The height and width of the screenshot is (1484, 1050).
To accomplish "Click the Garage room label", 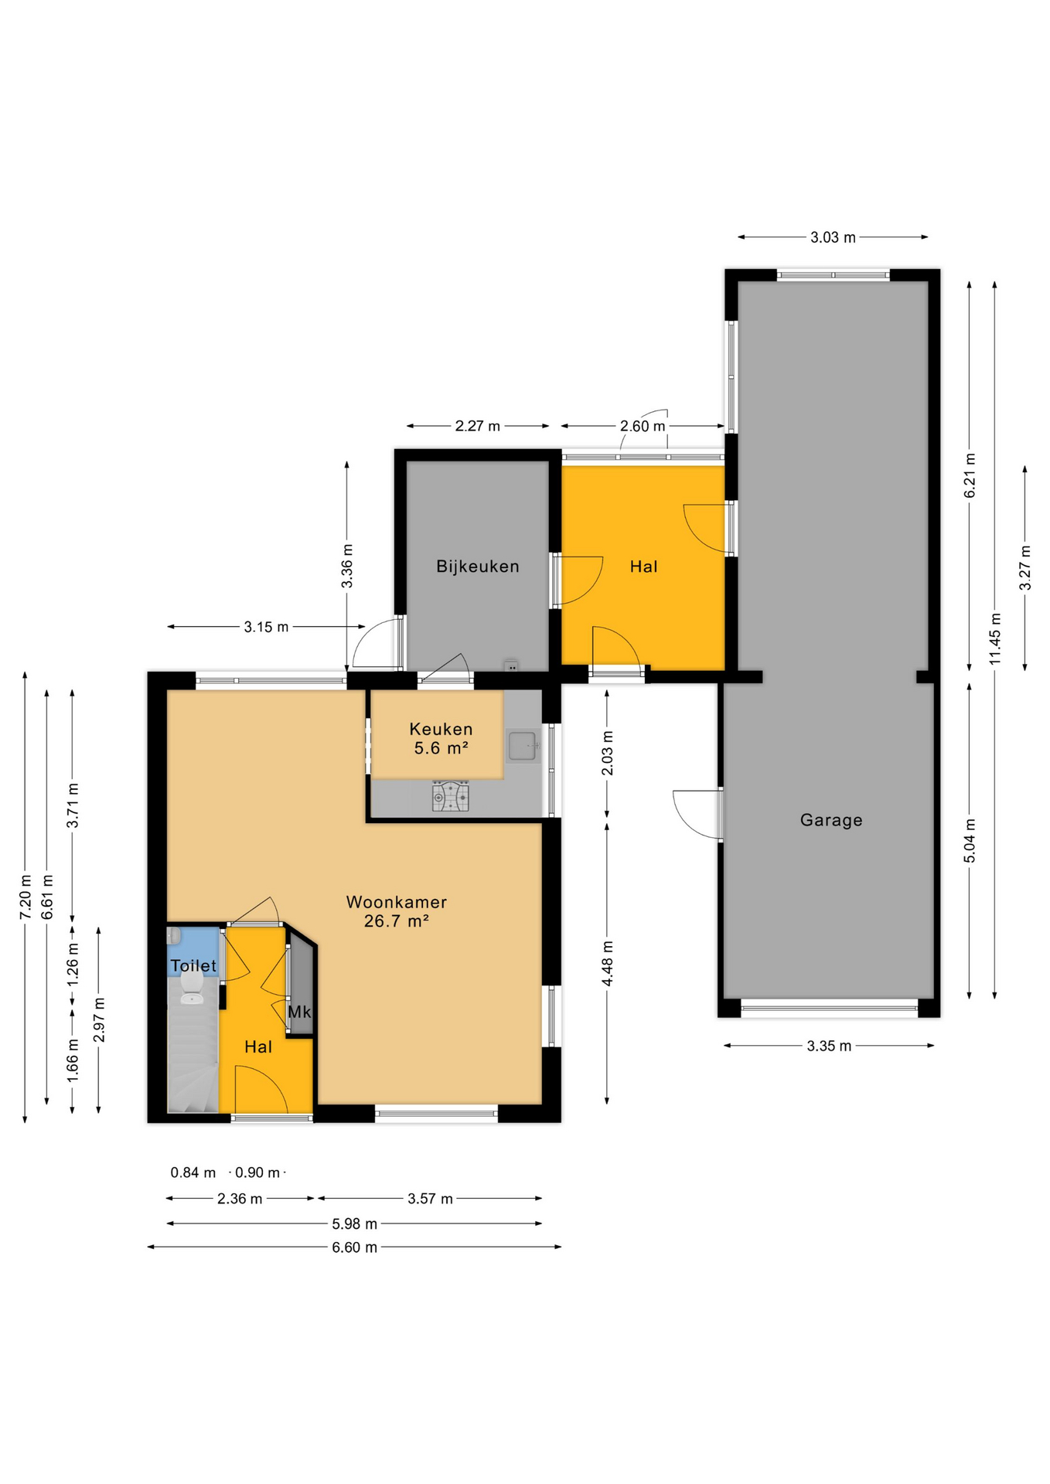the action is pyautogui.click(x=831, y=820).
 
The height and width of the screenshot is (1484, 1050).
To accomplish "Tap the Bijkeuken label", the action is pyautogui.click(x=477, y=567).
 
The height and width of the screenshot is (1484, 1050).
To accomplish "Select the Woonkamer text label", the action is pyautogui.click(x=396, y=902).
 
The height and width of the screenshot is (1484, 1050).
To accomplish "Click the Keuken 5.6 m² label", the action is pyautogui.click(x=441, y=738).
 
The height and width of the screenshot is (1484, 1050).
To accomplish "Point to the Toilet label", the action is pyautogui.click(x=193, y=965).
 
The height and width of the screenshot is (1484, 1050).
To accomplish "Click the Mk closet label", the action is pyautogui.click(x=299, y=1012).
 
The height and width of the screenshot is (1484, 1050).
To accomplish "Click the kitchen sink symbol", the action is pyautogui.click(x=523, y=746).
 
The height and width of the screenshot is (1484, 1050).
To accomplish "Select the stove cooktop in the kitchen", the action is pyautogui.click(x=451, y=796).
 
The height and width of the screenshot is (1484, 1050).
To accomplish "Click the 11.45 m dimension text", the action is pyautogui.click(x=995, y=638).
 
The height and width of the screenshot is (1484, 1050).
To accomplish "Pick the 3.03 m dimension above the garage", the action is pyautogui.click(x=833, y=237).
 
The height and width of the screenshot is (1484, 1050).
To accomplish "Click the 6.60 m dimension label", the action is pyautogui.click(x=355, y=1247).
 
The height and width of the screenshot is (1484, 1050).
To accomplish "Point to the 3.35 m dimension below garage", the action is pyautogui.click(x=829, y=1046).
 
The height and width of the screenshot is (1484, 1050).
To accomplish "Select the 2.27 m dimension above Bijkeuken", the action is pyautogui.click(x=477, y=426).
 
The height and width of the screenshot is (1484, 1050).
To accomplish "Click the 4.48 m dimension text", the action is pyautogui.click(x=608, y=963).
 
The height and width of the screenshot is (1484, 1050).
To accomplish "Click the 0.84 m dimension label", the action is pyautogui.click(x=193, y=1173).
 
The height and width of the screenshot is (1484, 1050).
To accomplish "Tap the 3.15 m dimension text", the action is pyautogui.click(x=266, y=627).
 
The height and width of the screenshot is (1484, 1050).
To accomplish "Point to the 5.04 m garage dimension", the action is pyautogui.click(x=970, y=841).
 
